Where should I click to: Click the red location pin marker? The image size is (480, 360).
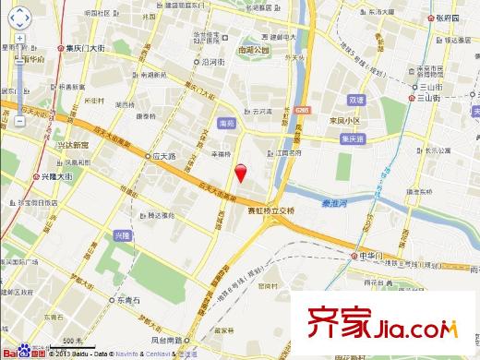(x=241, y=172)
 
